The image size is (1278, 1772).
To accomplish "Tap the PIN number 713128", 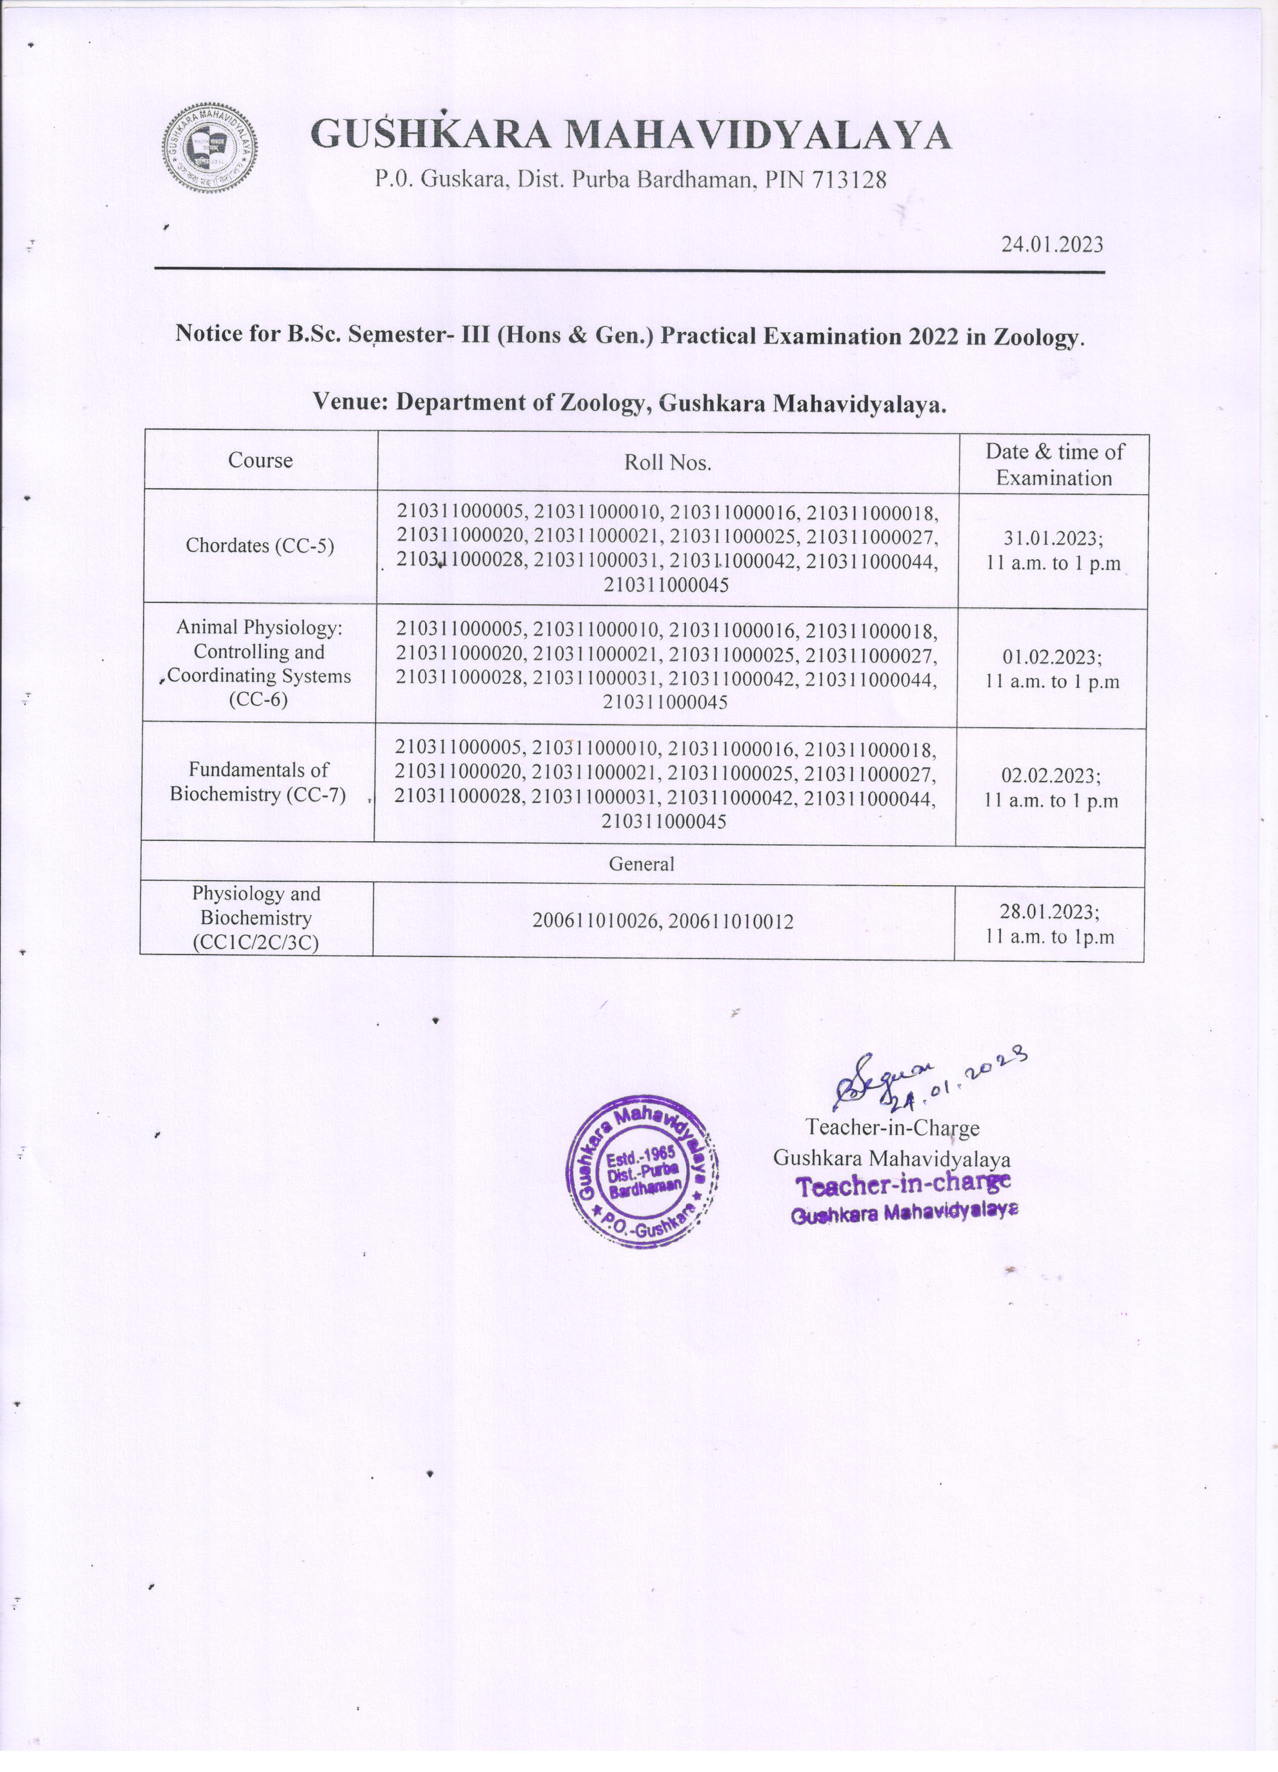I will (x=850, y=180).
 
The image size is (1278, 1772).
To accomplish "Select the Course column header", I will (x=260, y=460).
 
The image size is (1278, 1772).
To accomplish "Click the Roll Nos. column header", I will (x=667, y=462).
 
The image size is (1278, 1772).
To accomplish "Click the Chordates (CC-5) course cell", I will (x=259, y=545).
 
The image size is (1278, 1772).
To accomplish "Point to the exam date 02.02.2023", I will (x=1052, y=775).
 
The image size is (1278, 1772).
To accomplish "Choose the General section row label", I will (x=641, y=864).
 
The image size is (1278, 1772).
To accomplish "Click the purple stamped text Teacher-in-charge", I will (x=903, y=1185).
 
